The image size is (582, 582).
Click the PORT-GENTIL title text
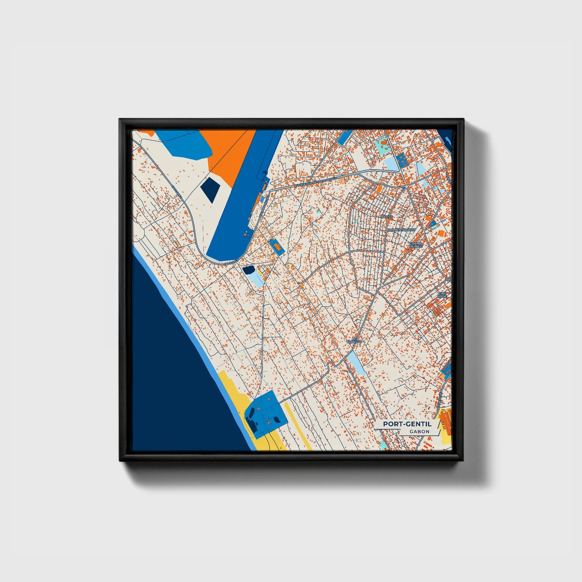coord(407,424)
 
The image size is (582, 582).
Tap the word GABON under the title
coord(419,432)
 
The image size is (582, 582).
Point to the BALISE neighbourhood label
coord(386,217)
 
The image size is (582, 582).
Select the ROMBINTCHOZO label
coord(401,230)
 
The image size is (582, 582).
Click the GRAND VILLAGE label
coord(416,245)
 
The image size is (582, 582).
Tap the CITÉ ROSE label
coord(442,295)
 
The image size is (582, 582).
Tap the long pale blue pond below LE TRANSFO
coord(356,362)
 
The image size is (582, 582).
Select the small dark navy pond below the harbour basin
coord(249,269)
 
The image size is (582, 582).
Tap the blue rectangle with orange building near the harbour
coord(277,246)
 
